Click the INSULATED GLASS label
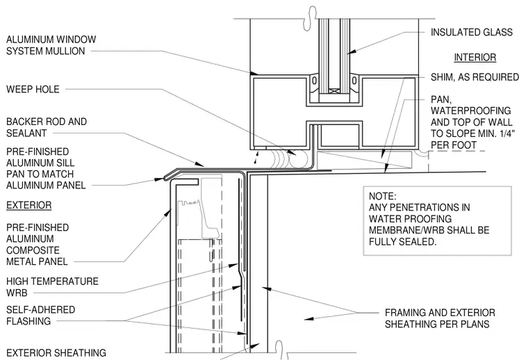point(472,33)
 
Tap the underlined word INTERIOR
point(475,57)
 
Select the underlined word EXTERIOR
point(29,205)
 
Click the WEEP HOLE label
point(33,89)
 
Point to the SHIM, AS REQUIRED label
point(475,77)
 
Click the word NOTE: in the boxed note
point(383,196)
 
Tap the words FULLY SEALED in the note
point(402,242)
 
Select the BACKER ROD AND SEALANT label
point(47,127)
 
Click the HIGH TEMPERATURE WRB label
point(52,287)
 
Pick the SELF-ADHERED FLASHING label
point(41,316)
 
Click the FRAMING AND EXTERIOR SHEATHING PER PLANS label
point(440,318)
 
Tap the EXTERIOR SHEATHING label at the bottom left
point(56,353)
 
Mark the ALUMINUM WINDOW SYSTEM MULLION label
point(51,45)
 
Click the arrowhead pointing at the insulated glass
point(351,51)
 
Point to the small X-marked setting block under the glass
point(334,91)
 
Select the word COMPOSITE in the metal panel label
point(33,250)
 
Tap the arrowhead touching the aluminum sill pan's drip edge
point(159,180)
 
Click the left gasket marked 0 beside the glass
point(314,81)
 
